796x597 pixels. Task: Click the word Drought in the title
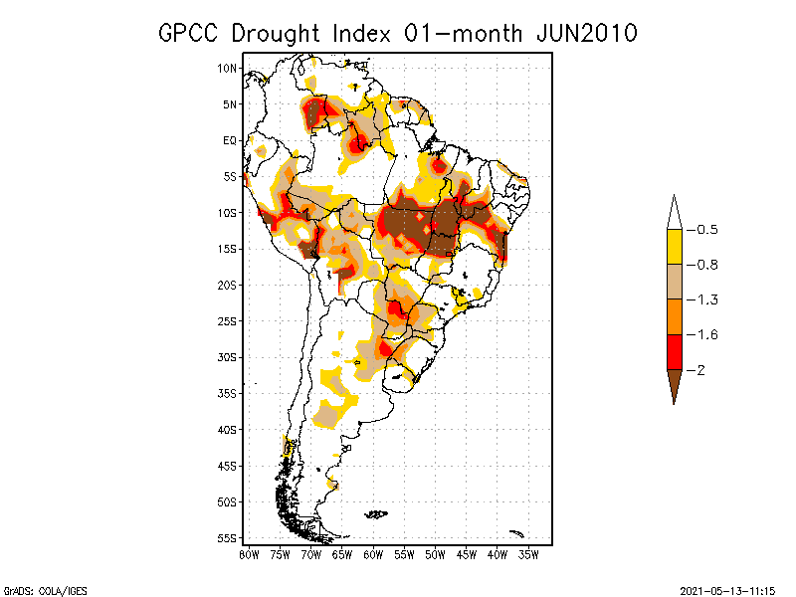pos(274,33)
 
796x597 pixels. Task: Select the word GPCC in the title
pos(190,33)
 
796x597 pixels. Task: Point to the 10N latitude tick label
pos(227,68)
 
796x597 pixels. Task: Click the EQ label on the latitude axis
pos(229,140)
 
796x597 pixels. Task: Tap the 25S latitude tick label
pos(227,320)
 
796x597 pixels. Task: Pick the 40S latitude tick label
pos(227,429)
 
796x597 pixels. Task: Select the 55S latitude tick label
pos(227,537)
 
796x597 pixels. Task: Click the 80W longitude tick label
pos(249,553)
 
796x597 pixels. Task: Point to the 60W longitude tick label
pos(373,553)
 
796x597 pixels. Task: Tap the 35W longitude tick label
pos(528,553)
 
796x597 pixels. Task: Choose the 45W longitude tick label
pos(467,553)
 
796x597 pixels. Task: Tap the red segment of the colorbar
pos(674,351)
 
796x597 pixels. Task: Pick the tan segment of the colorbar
pos(674,282)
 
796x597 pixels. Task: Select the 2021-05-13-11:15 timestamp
pos(727,589)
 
